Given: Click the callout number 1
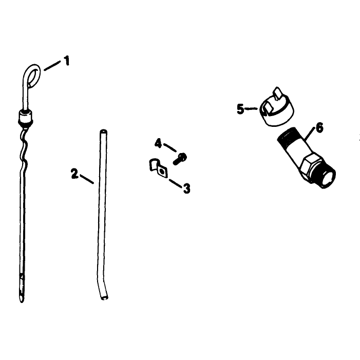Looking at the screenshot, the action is (x=67, y=61).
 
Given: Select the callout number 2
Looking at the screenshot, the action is (x=74, y=174).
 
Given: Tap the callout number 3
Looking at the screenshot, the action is (x=186, y=188).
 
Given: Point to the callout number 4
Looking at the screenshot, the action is (x=158, y=143).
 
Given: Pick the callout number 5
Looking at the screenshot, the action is (x=240, y=109).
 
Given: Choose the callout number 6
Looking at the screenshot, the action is (x=319, y=127).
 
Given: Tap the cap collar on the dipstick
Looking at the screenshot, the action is (x=25, y=118).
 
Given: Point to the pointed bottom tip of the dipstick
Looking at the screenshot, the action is (x=22, y=301).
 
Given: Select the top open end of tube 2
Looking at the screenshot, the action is (x=104, y=131).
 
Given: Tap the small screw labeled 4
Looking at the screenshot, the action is (x=180, y=159).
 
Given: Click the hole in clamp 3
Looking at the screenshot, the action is (x=162, y=172).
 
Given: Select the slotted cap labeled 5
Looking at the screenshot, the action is (x=277, y=107).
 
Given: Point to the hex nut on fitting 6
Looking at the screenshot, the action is (x=310, y=166).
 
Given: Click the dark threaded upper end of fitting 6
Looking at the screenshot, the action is (x=286, y=135).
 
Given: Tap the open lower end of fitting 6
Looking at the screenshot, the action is (x=327, y=178).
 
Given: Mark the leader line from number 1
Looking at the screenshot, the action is (x=52, y=66).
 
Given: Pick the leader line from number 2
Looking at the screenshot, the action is (x=87, y=179).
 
